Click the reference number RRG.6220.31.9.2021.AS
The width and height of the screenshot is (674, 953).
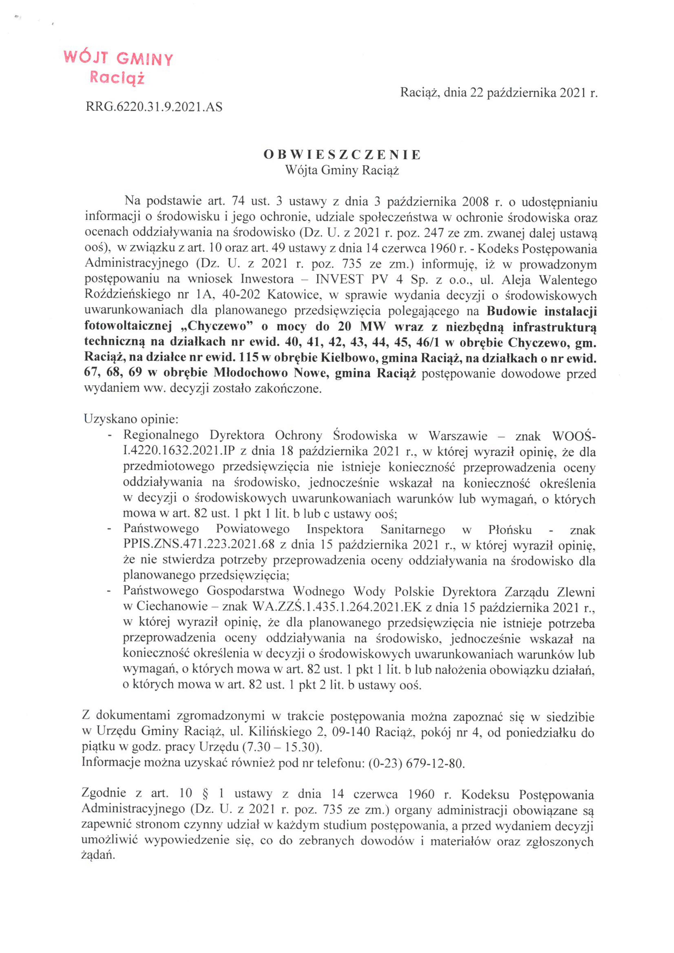point(154,107)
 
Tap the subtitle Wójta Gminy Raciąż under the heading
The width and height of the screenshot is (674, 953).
point(342,170)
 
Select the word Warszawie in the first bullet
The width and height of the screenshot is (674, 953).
point(458,436)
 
